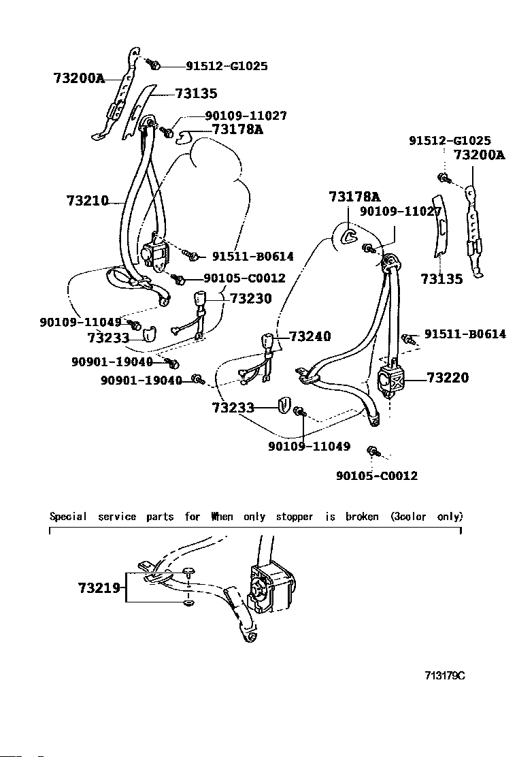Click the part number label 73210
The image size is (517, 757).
pyautogui.click(x=88, y=201)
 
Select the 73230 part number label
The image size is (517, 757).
pyautogui.click(x=250, y=298)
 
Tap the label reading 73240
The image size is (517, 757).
pyautogui.click(x=310, y=336)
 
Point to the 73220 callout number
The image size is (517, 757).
pyautogui.click(x=448, y=377)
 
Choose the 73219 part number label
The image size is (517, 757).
pyautogui.click(x=99, y=587)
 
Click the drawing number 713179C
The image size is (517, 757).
pyautogui.click(x=445, y=675)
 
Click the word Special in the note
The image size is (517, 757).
pyautogui.click(x=68, y=516)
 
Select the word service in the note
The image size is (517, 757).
pyautogui.click(x=117, y=516)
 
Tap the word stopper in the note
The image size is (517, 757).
pyautogui.click(x=294, y=516)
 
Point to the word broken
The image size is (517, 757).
pyautogui.click(x=361, y=516)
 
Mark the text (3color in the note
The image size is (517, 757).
pyautogui.click(x=408, y=516)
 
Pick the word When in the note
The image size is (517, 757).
pyautogui.click(x=222, y=516)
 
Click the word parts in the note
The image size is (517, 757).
pyautogui.click(x=160, y=516)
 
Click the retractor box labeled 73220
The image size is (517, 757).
pyautogui.click(x=390, y=378)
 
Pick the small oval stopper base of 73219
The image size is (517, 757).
pyautogui.click(x=188, y=603)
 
